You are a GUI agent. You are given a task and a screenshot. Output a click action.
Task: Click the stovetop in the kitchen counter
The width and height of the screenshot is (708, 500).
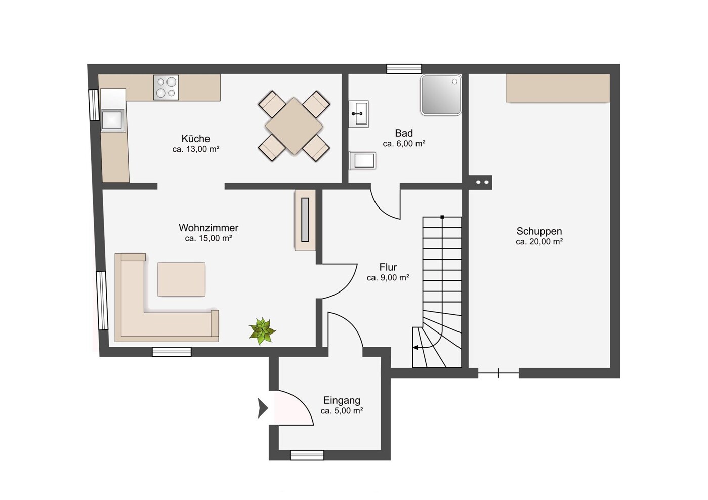tap(166, 88)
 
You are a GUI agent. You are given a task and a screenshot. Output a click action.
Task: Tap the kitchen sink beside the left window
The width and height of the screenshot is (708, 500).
tap(113, 120)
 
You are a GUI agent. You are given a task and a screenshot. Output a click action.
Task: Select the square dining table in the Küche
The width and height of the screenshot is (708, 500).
tap(294, 126)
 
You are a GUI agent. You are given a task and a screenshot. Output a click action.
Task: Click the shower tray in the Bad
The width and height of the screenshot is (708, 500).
tap(441, 95)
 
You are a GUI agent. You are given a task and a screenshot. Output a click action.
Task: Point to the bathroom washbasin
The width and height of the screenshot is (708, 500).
tap(359, 114)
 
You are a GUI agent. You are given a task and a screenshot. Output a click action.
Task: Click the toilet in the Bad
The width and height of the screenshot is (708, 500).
tap(362, 160)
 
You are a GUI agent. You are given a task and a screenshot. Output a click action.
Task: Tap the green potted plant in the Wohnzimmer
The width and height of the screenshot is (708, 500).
tap(262, 331)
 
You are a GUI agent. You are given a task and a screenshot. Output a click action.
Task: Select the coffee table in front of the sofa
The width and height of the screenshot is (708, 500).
tap(181, 279)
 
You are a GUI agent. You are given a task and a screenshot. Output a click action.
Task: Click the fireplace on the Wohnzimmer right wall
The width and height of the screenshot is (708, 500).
tap(305, 220)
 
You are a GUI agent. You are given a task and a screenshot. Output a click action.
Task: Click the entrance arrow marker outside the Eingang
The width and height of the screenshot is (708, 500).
tap(263, 408)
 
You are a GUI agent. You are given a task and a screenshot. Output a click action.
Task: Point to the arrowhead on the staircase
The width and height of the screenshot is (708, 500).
tap(415, 348)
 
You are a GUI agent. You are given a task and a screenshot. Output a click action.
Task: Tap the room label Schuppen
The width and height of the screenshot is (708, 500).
tap(539, 231)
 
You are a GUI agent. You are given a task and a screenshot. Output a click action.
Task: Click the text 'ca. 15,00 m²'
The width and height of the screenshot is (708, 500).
tap(209, 238)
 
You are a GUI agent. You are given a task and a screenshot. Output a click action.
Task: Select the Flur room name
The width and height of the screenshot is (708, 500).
tap(388, 267)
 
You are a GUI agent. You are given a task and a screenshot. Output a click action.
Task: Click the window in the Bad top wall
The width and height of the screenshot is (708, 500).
tap(404, 69)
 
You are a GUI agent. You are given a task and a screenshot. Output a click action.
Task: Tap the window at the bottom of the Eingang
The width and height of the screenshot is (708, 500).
tap(307, 455)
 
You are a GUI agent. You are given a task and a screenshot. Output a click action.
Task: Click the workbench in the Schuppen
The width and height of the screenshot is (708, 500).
tap(558, 88)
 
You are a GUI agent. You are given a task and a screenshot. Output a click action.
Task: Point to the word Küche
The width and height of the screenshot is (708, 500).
tap(196, 139)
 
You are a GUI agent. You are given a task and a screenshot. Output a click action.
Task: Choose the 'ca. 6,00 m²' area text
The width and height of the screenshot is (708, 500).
tap(404, 144)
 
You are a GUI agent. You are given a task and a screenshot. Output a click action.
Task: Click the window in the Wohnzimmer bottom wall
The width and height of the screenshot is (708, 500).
tap(172, 352)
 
